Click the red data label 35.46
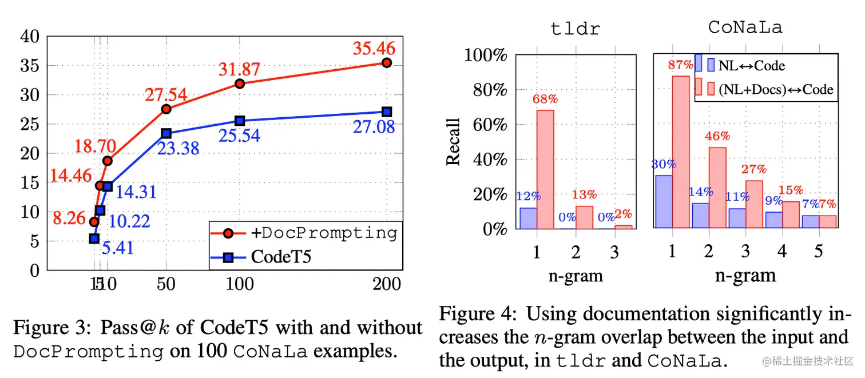(374, 48)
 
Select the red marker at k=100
(240, 83)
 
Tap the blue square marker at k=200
(387, 112)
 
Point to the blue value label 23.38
(178, 149)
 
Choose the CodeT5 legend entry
(280, 257)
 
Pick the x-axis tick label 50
(166, 284)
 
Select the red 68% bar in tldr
(545, 169)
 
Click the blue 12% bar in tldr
(528, 218)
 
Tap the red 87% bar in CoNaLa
(680, 152)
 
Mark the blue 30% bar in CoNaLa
(664, 202)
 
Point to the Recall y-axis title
(454, 141)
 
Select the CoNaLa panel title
(745, 27)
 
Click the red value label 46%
(717, 136)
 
